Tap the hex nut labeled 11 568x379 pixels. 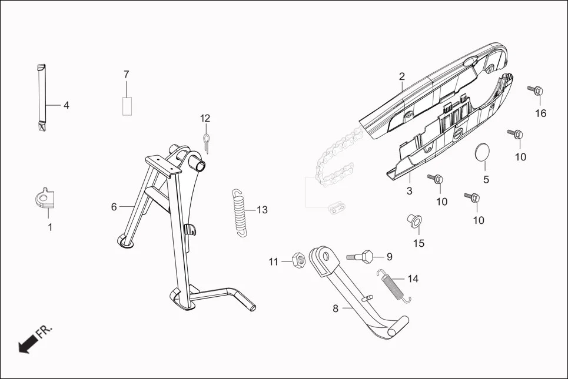[x=298, y=259]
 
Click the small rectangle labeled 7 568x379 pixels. [x=127, y=106]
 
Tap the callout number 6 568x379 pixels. [x=114, y=206]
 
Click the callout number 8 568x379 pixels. [x=336, y=308]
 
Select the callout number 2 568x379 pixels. [x=401, y=76]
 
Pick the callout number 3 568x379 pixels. [x=410, y=191]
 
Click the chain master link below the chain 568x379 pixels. [x=336, y=206]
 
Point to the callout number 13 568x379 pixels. [x=261, y=210]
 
